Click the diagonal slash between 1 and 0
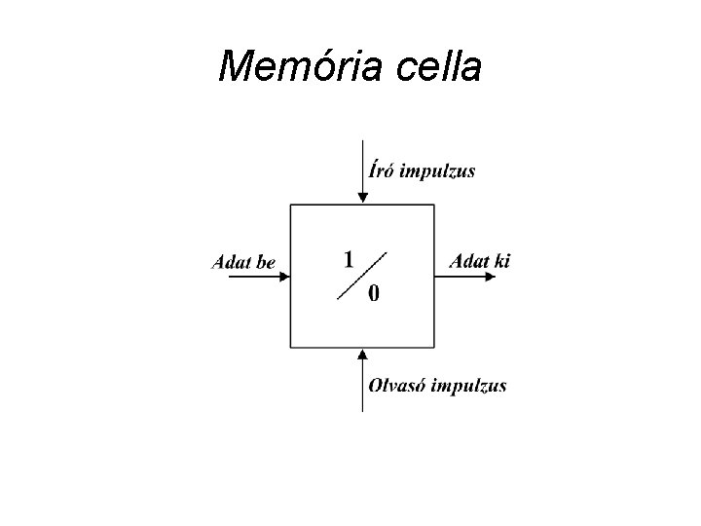pos(362,276)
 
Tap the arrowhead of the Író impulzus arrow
pos(362,198)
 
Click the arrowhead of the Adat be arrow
pos(284,276)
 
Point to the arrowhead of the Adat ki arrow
pos(502,276)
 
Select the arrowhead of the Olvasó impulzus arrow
pos(362,355)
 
